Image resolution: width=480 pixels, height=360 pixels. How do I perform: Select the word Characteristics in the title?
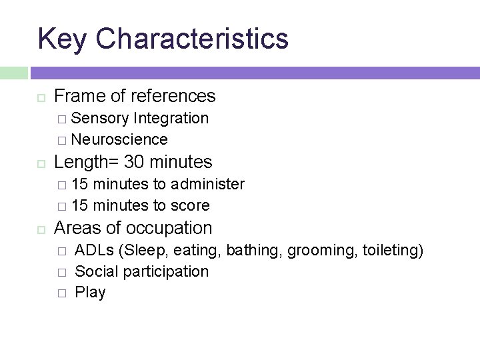click(192, 39)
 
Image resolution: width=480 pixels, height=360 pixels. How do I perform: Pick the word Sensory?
click(100, 119)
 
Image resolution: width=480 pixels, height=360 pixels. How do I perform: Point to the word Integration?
click(171, 119)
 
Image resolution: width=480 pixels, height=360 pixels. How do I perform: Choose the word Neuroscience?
click(119, 139)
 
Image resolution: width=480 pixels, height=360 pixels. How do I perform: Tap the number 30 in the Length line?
click(137, 162)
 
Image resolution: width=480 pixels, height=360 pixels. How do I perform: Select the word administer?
click(208, 184)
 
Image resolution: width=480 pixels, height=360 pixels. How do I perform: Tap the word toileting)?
click(393, 251)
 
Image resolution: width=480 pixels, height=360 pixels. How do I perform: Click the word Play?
click(90, 293)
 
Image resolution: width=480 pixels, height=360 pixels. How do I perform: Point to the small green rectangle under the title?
click(14, 73)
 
